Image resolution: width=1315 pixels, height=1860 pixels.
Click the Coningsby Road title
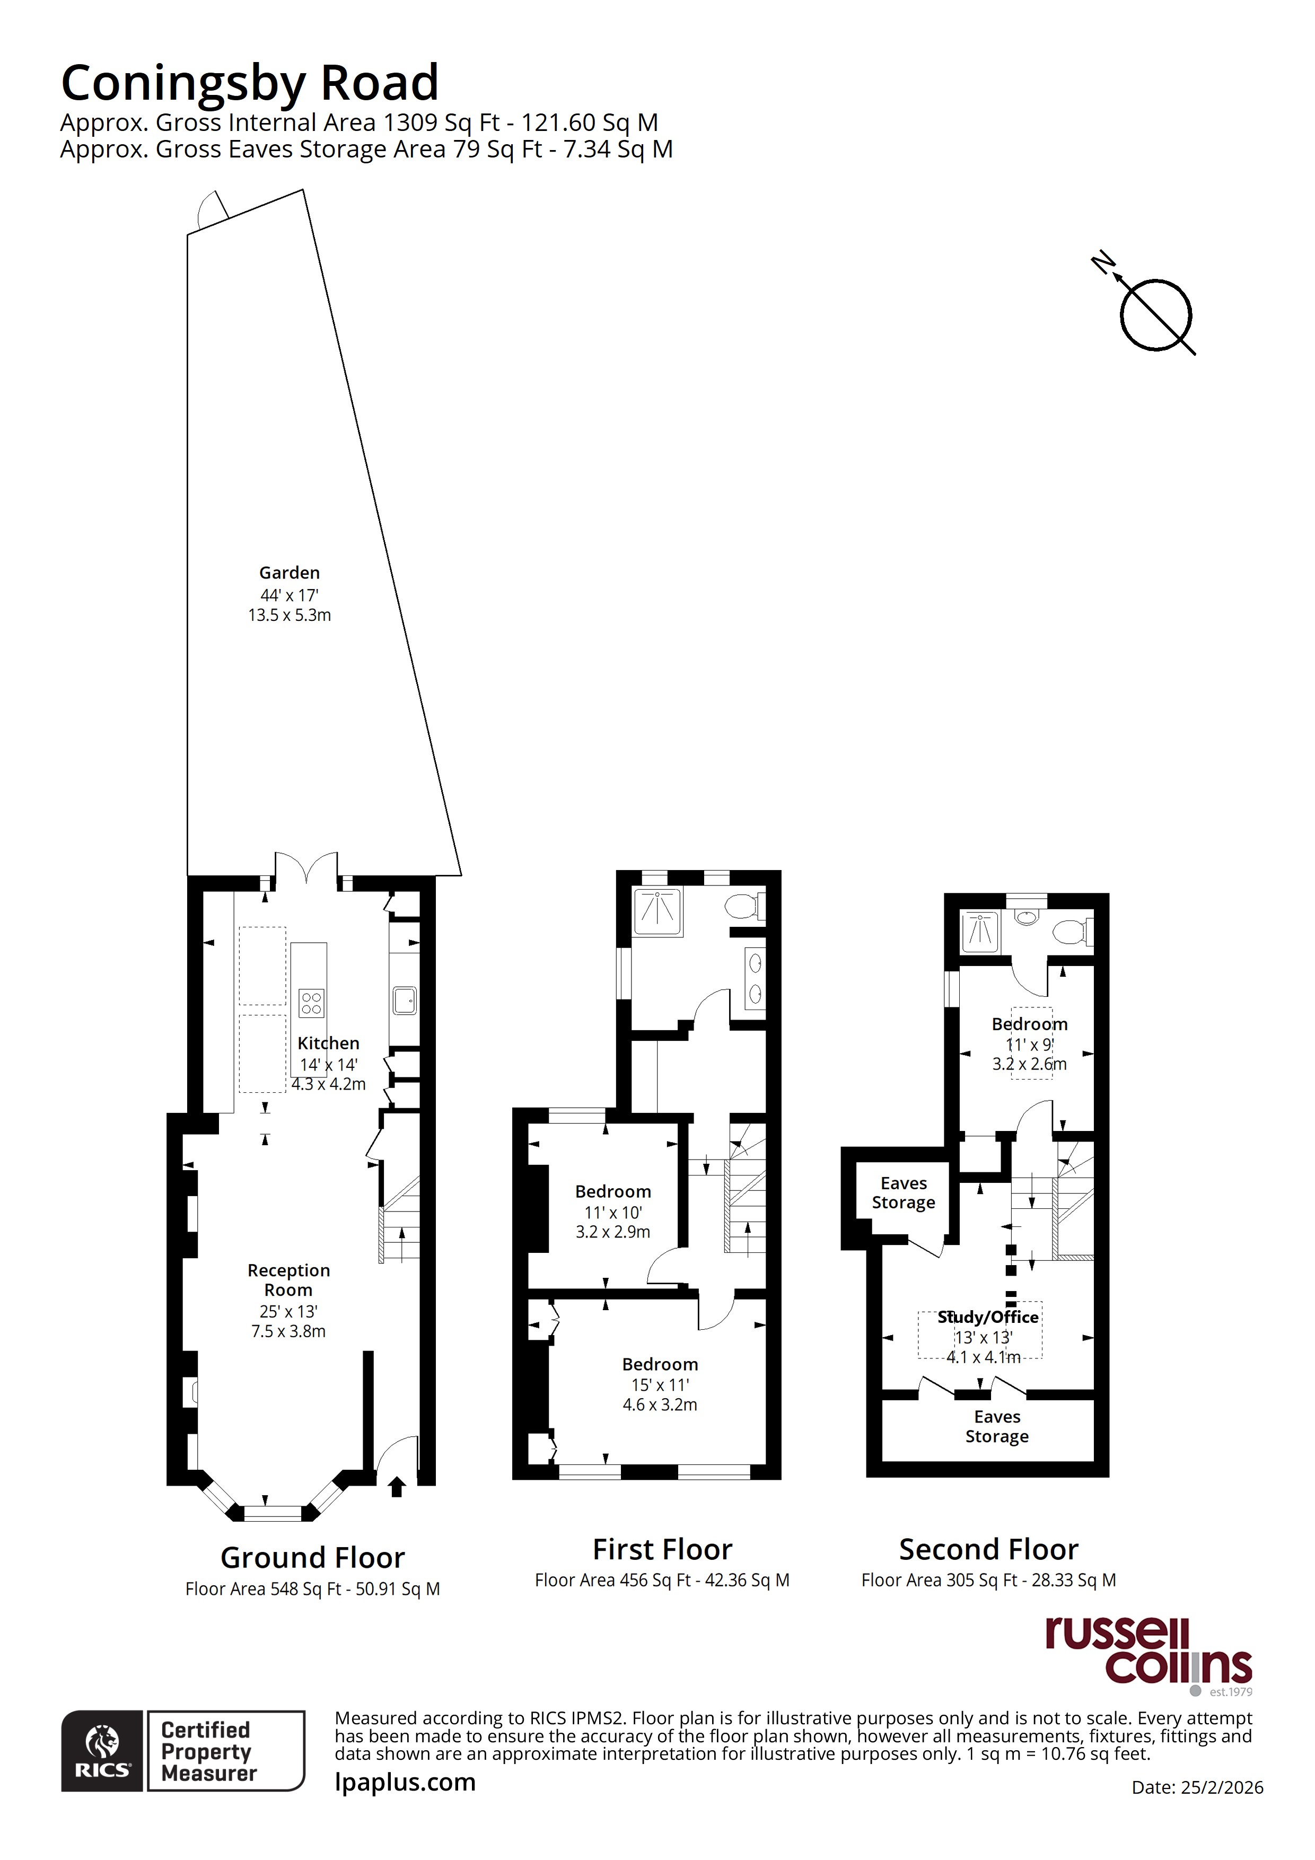pyautogui.click(x=250, y=83)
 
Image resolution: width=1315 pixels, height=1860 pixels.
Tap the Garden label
pyautogui.click(x=290, y=573)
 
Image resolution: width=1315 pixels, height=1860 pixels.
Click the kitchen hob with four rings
pyautogui.click(x=312, y=1003)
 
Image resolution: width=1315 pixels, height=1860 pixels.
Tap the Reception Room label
pyautogui.click(x=288, y=1280)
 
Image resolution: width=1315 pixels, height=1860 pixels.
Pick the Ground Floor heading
pyautogui.click(x=313, y=1558)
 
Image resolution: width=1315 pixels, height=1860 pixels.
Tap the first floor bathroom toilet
pyautogui.click(x=744, y=905)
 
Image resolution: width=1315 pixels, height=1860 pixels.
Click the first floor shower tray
pyautogui.click(x=658, y=911)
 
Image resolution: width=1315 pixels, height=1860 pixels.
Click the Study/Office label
pyautogui.click(x=988, y=1317)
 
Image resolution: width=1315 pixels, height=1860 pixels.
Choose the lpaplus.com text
pyautogui.click(x=405, y=1782)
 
